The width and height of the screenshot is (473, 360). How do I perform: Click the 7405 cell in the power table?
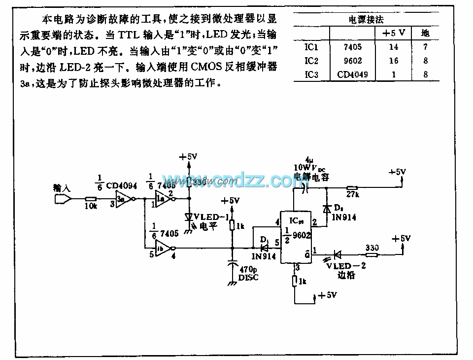(350, 48)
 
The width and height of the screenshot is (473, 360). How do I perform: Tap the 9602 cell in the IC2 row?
(350, 61)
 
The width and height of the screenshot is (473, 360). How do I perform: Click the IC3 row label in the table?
(312, 75)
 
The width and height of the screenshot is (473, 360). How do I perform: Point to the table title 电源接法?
(366, 20)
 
